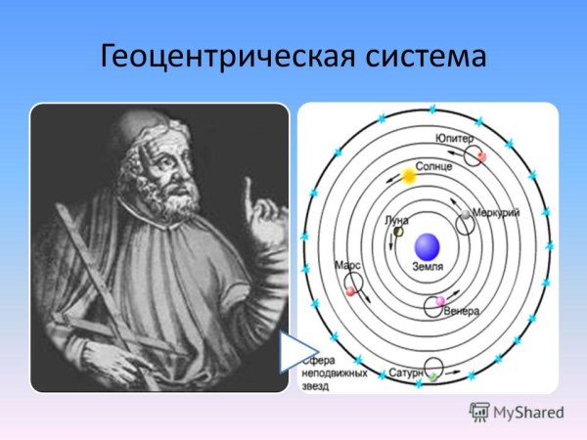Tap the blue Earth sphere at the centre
tap(427, 246)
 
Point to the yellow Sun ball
tap(409, 177)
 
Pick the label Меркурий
tap(495, 212)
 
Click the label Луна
tap(397, 220)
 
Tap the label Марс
tap(347, 265)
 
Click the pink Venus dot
tap(440, 300)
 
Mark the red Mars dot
tap(350, 290)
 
